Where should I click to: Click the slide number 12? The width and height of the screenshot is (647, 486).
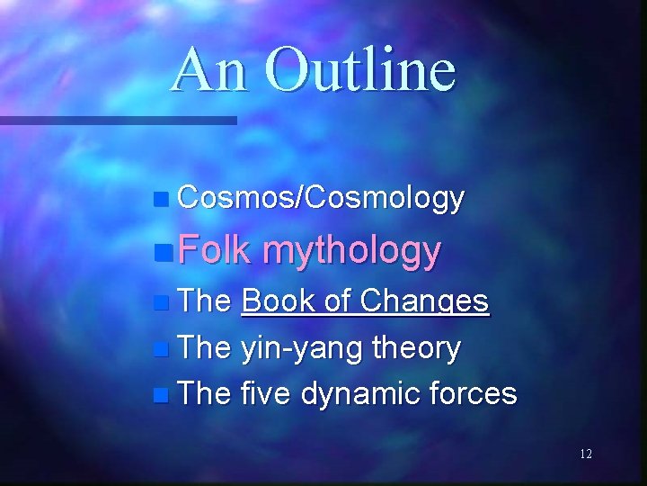click(x=586, y=455)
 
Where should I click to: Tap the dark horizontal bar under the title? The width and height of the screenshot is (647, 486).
click(x=117, y=120)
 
